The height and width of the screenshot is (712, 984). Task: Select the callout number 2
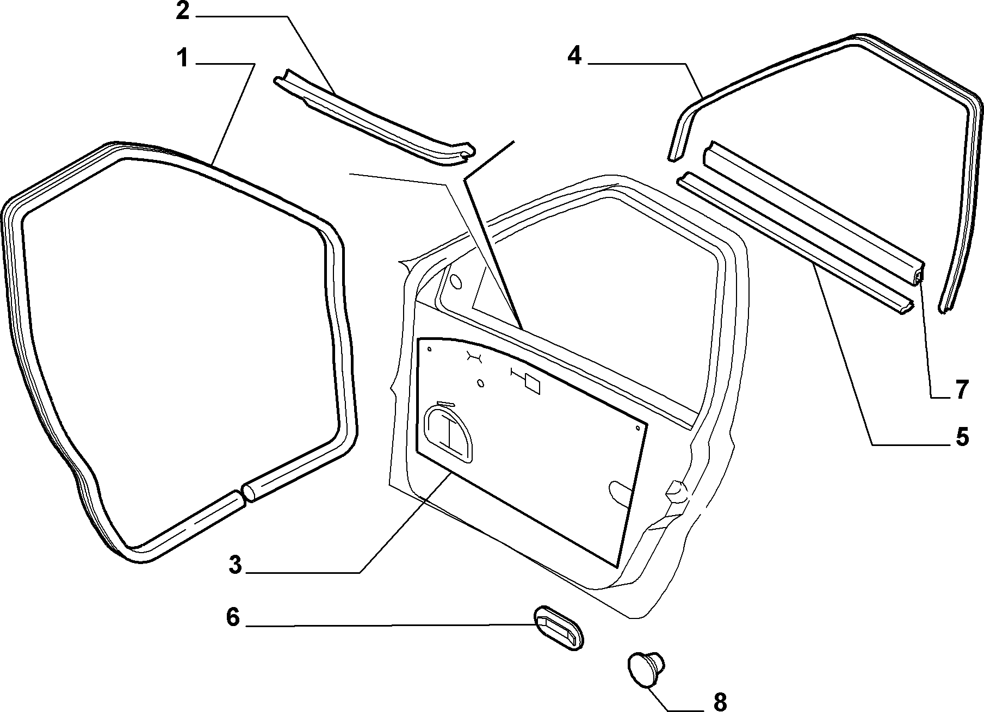point(183,11)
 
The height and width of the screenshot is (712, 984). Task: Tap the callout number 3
point(235,565)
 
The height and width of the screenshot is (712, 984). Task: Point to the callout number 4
point(574,56)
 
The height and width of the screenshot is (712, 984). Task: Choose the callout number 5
point(962,436)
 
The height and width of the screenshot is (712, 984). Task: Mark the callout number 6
point(233,617)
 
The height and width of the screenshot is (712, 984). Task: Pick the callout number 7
point(962,389)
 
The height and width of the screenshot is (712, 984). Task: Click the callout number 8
point(720,702)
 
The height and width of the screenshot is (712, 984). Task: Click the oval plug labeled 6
point(558,628)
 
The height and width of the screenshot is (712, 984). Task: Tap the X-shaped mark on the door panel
point(474,357)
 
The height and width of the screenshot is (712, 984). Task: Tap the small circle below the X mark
point(480,383)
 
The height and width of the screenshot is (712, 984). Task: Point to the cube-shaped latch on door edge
point(677,491)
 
